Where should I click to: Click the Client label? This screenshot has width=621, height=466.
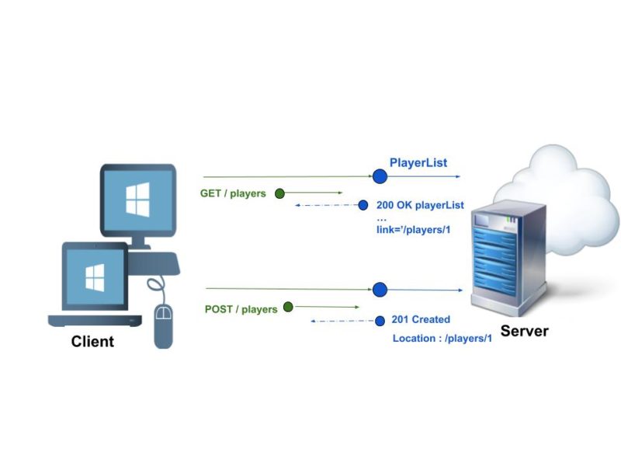(x=92, y=341)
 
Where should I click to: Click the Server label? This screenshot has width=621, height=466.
(x=524, y=331)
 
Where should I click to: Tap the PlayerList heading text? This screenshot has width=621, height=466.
(x=418, y=162)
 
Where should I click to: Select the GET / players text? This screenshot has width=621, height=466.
(x=233, y=193)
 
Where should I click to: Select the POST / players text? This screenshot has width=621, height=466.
(x=241, y=309)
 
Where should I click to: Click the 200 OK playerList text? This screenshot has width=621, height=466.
(x=420, y=205)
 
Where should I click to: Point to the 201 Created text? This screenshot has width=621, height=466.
(x=421, y=319)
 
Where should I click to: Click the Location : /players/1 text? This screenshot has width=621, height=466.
(x=442, y=338)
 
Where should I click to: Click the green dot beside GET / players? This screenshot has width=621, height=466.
(x=280, y=193)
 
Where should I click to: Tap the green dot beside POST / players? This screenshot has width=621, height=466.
(x=288, y=307)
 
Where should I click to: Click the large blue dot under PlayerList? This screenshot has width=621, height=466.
(x=380, y=176)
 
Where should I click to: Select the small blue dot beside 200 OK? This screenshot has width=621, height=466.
(x=363, y=205)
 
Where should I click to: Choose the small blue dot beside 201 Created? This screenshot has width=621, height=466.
(x=380, y=320)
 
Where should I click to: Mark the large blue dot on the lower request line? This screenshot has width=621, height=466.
(x=380, y=290)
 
